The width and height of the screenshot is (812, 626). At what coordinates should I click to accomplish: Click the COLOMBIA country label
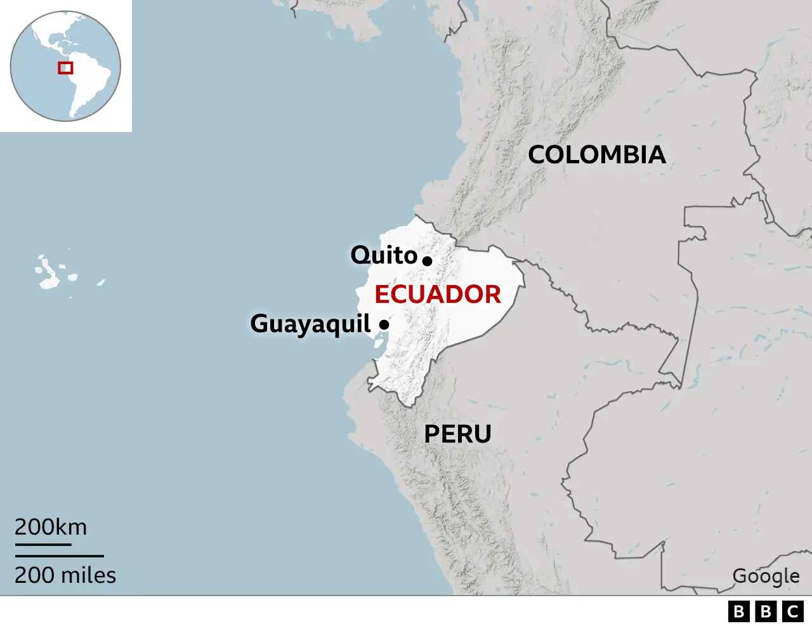pyautogui.click(x=597, y=155)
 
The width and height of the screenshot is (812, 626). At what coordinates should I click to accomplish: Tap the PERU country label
pyautogui.click(x=457, y=434)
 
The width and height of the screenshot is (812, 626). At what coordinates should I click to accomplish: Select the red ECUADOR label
pyautogui.click(x=438, y=295)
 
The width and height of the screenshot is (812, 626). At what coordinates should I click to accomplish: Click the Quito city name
pyautogui.click(x=384, y=255)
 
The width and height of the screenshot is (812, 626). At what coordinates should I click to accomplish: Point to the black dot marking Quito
pyautogui.click(x=428, y=260)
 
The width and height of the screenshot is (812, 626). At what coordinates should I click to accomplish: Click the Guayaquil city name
pyautogui.click(x=310, y=324)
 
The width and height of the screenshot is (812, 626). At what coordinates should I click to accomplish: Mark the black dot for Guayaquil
pyautogui.click(x=384, y=324)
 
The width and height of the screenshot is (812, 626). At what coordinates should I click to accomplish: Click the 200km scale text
pyautogui.click(x=51, y=527)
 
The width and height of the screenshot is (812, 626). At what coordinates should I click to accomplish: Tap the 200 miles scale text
pyautogui.click(x=65, y=575)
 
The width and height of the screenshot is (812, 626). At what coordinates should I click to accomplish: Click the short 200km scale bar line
pyautogui.click(x=43, y=544)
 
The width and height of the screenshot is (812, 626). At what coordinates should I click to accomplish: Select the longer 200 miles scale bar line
pyautogui.click(x=59, y=556)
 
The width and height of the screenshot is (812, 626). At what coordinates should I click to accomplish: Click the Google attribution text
pyautogui.click(x=766, y=576)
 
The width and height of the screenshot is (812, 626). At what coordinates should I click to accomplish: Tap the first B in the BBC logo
pyautogui.click(x=739, y=611)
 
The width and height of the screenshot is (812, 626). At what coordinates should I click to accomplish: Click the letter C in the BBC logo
pyautogui.click(x=792, y=611)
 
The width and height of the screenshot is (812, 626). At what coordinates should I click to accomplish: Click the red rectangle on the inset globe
pyautogui.click(x=65, y=67)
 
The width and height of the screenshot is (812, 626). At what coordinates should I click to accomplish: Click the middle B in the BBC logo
pyautogui.click(x=766, y=611)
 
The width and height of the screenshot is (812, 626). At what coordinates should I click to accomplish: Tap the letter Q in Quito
pyautogui.click(x=360, y=255)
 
